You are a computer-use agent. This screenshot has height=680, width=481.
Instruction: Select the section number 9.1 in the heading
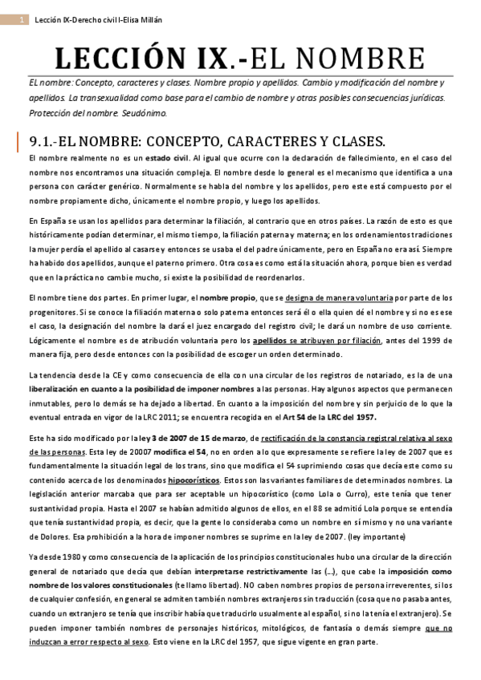[x=40, y=141]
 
